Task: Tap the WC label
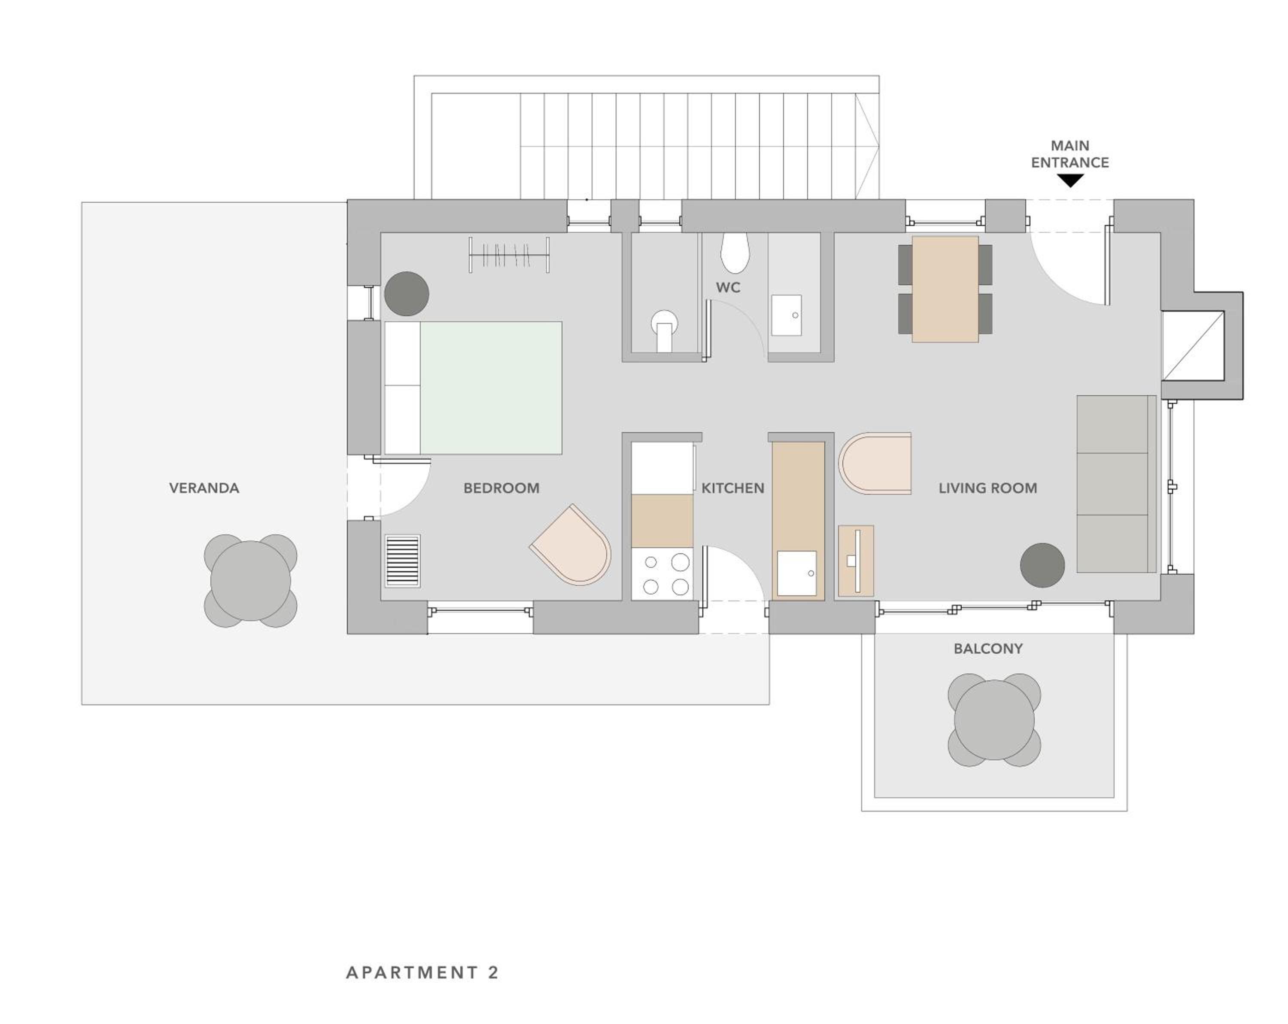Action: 728,287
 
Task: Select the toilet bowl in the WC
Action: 735,252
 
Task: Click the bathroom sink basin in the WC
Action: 786,314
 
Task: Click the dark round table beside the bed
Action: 406,293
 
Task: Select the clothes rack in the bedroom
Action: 509,255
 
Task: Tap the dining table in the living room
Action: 945,290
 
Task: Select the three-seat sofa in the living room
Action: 1116,484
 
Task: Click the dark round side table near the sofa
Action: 1042,565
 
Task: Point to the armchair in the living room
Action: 875,463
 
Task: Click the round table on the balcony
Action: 994,720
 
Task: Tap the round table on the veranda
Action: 250,580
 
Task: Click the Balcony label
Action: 988,649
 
